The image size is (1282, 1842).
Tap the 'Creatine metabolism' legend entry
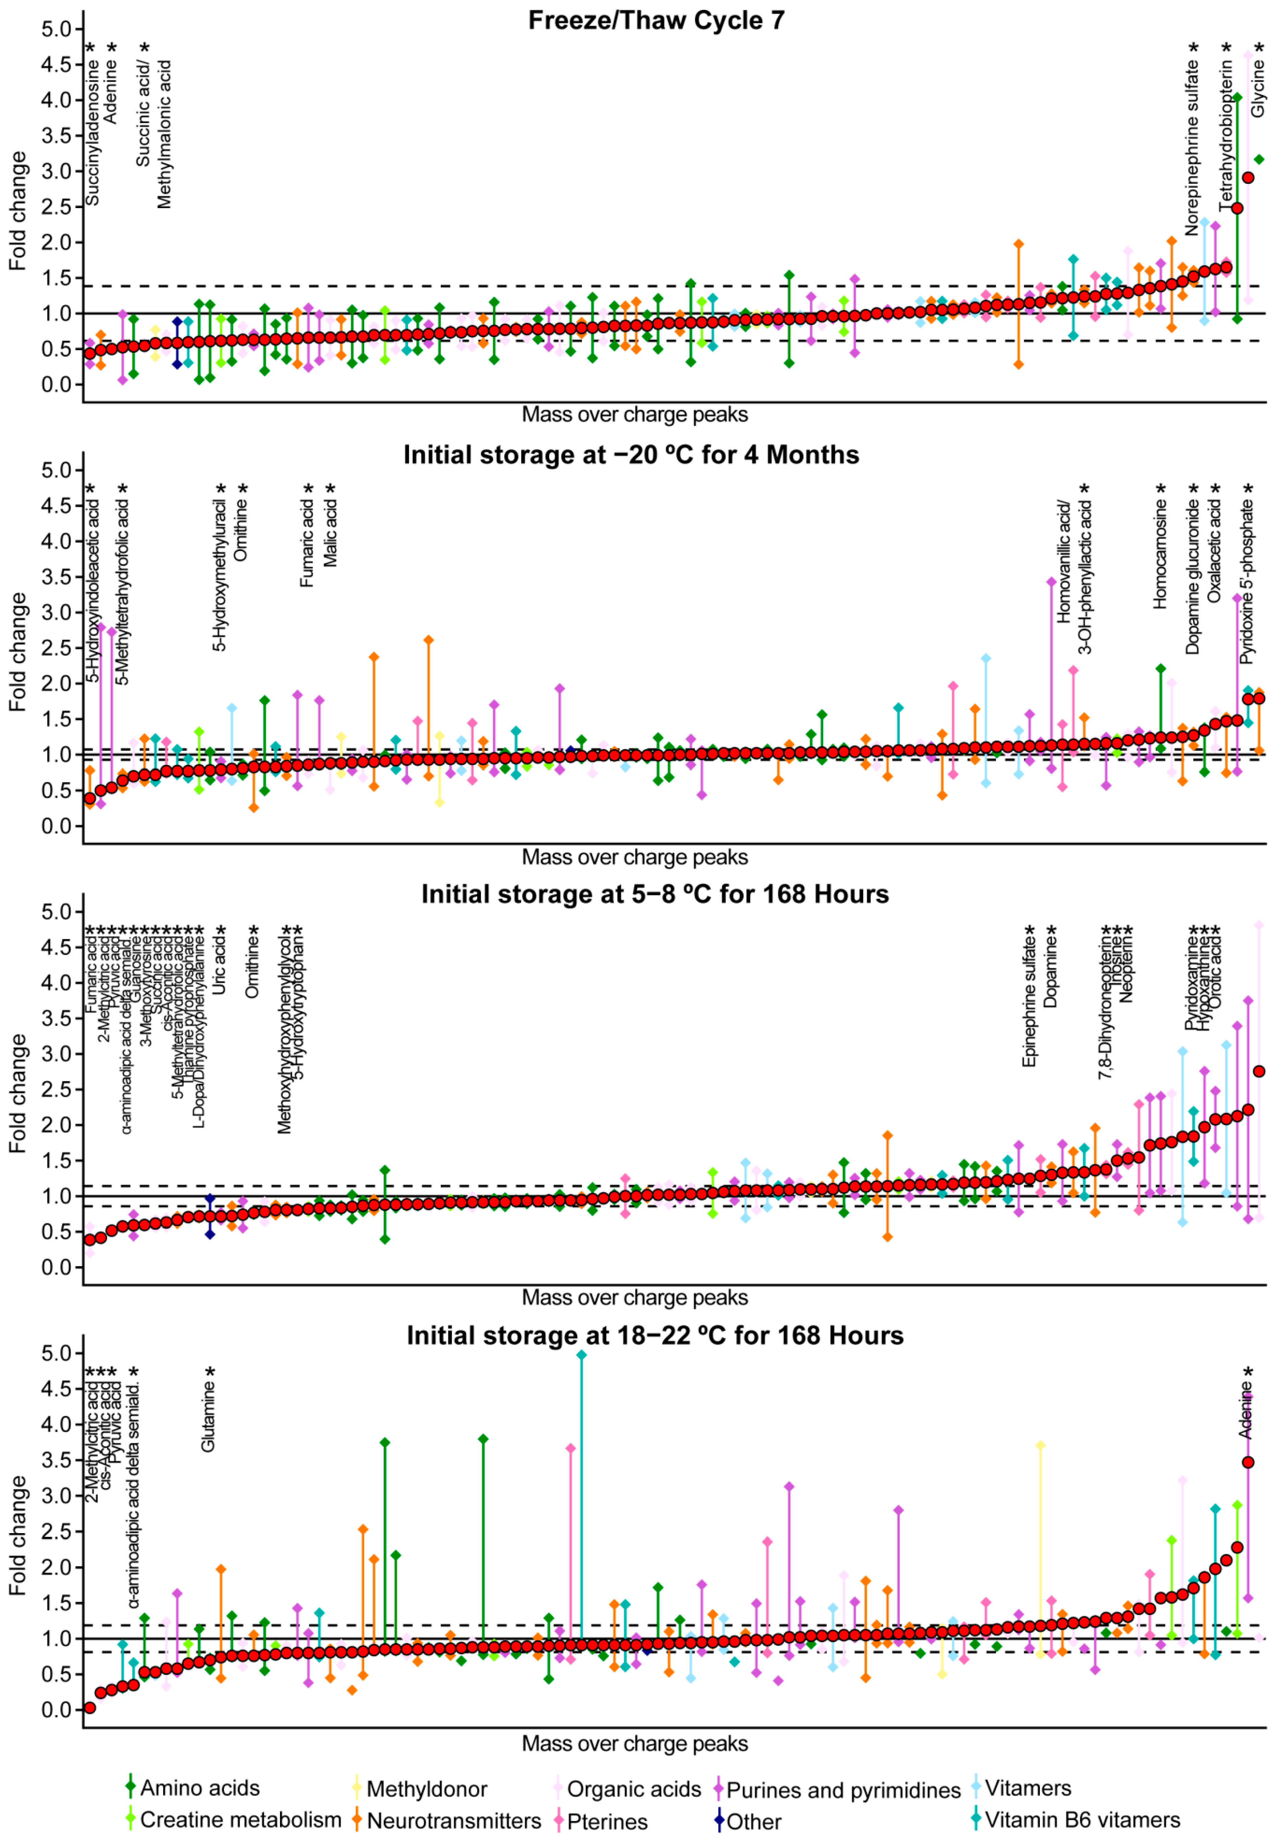(x=241, y=1819)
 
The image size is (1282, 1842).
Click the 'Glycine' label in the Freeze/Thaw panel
(x=1258, y=88)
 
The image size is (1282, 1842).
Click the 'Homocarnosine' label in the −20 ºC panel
(x=1160, y=553)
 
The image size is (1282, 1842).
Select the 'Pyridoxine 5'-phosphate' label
(x=1247, y=582)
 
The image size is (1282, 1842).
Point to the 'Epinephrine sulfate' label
(x=1029, y=1003)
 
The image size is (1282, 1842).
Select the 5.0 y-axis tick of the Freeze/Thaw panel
(x=56, y=30)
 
